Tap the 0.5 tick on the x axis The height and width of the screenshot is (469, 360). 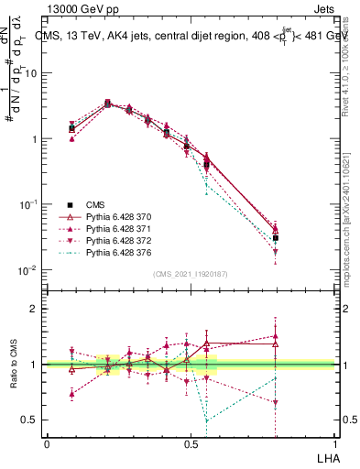(x=190, y=443)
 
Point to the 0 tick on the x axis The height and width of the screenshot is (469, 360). (x=47, y=443)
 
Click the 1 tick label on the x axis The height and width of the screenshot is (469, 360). (x=333, y=443)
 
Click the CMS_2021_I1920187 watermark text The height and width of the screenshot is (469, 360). (x=190, y=274)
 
